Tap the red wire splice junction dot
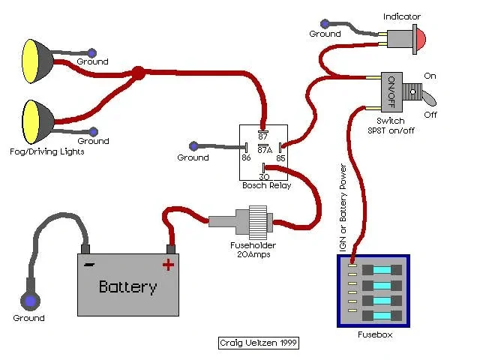click(x=137, y=73)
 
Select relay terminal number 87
click(x=263, y=136)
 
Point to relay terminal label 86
click(x=246, y=158)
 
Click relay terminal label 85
click(x=280, y=158)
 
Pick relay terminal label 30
click(x=264, y=176)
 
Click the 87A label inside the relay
click(x=264, y=148)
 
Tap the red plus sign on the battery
click(x=168, y=263)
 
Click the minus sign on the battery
click(x=89, y=264)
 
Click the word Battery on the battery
click(x=128, y=286)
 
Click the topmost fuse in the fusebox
click(x=382, y=269)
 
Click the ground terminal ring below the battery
click(x=30, y=301)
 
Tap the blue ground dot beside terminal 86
click(x=194, y=145)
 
